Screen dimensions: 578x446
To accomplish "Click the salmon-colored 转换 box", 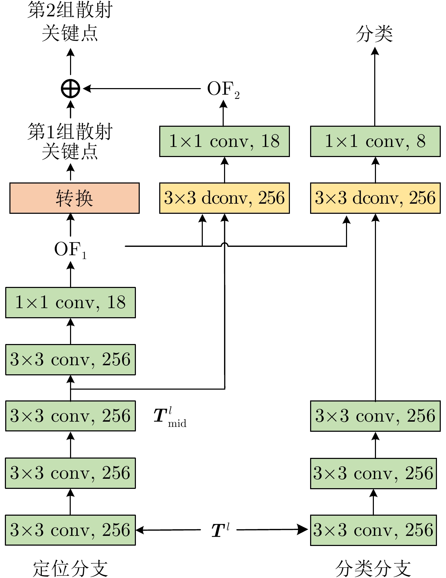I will pyautogui.click(x=74, y=198).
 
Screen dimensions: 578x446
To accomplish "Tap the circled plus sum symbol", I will pyautogui.click(x=70, y=88).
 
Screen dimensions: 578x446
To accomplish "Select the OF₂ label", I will pyautogui.click(x=223, y=89).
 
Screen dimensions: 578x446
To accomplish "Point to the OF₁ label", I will pyautogui.click(x=70, y=250).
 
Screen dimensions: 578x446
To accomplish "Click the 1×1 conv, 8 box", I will pyautogui.click(x=375, y=141).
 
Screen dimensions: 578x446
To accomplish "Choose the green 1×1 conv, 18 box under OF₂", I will pyautogui.click(x=224, y=141).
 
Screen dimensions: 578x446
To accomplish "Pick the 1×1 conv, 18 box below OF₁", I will pyautogui.click(x=70, y=303).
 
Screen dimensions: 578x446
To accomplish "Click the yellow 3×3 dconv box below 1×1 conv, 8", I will pyautogui.click(x=375, y=198).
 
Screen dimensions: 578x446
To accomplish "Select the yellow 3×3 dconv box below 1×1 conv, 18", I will pyautogui.click(x=224, y=198).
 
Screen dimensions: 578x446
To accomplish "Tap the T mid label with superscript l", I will pyautogui.click(x=170, y=417).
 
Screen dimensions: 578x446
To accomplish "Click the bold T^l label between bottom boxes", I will pyautogui.click(x=220, y=530).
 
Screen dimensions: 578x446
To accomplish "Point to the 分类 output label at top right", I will pyautogui.click(x=375, y=34).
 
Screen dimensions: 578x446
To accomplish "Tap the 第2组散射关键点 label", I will pyautogui.click(x=70, y=22).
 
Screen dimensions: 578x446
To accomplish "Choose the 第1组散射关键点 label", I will pyautogui.click(x=70, y=141).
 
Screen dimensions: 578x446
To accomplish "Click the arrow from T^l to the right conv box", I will pyautogui.click(x=272, y=530).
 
